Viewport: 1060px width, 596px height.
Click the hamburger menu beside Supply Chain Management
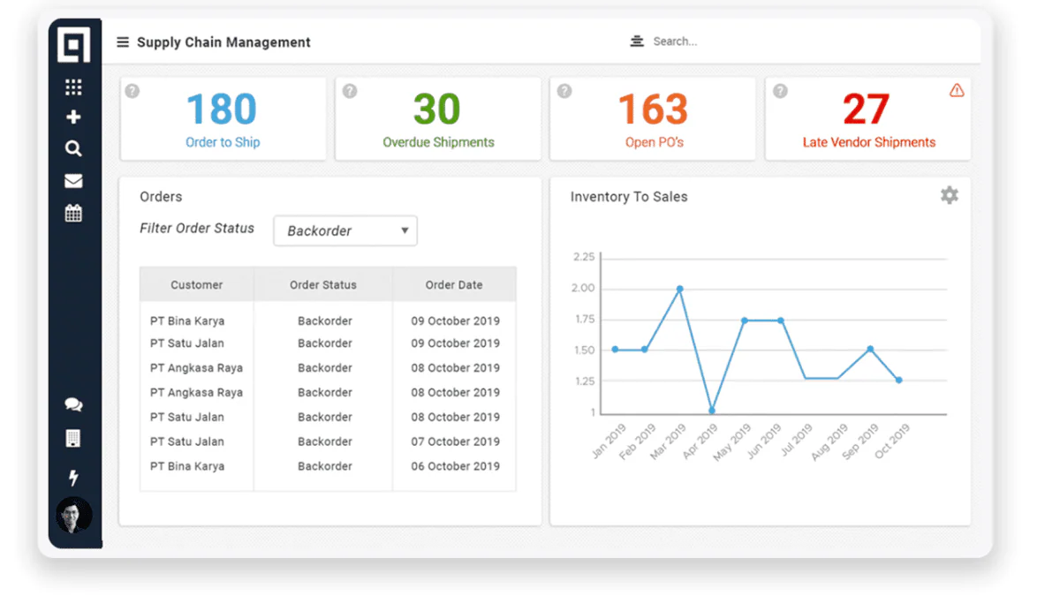pyautogui.click(x=123, y=42)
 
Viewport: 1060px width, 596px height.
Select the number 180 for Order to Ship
pyautogui.click(x=222, y=109)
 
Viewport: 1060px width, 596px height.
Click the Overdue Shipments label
pyautogui.click(x=438, y=142)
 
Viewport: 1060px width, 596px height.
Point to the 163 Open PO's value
pyautogui.click(x=653, y=109)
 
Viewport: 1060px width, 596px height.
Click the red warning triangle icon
pyautogui.click(x=957, y=90)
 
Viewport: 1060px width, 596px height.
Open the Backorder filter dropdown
pyautogui.click(x=345, y=230)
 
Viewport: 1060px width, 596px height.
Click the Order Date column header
pyautogui.click(x=454, y=284)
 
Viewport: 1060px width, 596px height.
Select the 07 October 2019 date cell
pyautogui.click(x=455, y=441)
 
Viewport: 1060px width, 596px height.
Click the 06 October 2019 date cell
pyautogui.click(x=455, y=466)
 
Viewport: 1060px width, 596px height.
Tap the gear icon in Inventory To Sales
pyautogui.click(x=950, y=195)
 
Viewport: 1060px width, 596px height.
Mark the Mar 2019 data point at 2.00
pyautogui.click(x=679, y=289)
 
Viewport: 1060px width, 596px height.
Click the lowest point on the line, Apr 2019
pyautogui.click(x=712, y=410)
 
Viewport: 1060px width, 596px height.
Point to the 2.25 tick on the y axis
pyautogui.click(x=584, y=257)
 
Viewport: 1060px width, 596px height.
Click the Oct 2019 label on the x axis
pyautogui.click(x=892, y=441)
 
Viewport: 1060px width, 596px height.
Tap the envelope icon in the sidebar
pyautogui.click(x=73, y=181)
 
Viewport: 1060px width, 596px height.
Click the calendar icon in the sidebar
pyautogui.click(x=73, y=213)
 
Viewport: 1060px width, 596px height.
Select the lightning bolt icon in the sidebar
pyautogui.click(x=73, y=478)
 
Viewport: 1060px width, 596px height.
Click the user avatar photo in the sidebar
pyautogui.click(x=74, y=515)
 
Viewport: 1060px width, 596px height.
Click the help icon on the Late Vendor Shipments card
pyautogui.click(x=780, y=90)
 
